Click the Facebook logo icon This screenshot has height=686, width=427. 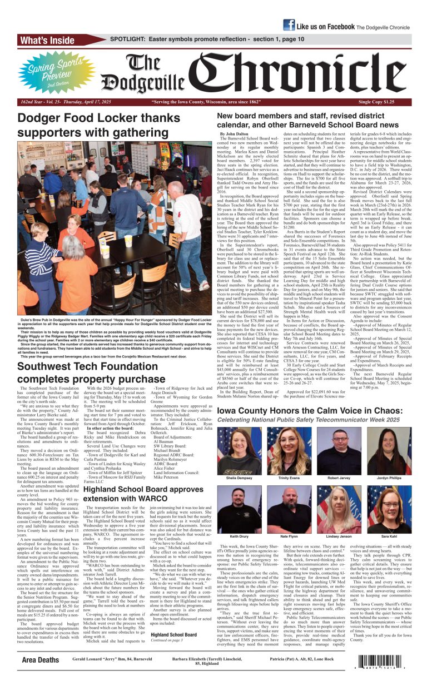289,25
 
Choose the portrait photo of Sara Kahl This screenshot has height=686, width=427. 389,510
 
